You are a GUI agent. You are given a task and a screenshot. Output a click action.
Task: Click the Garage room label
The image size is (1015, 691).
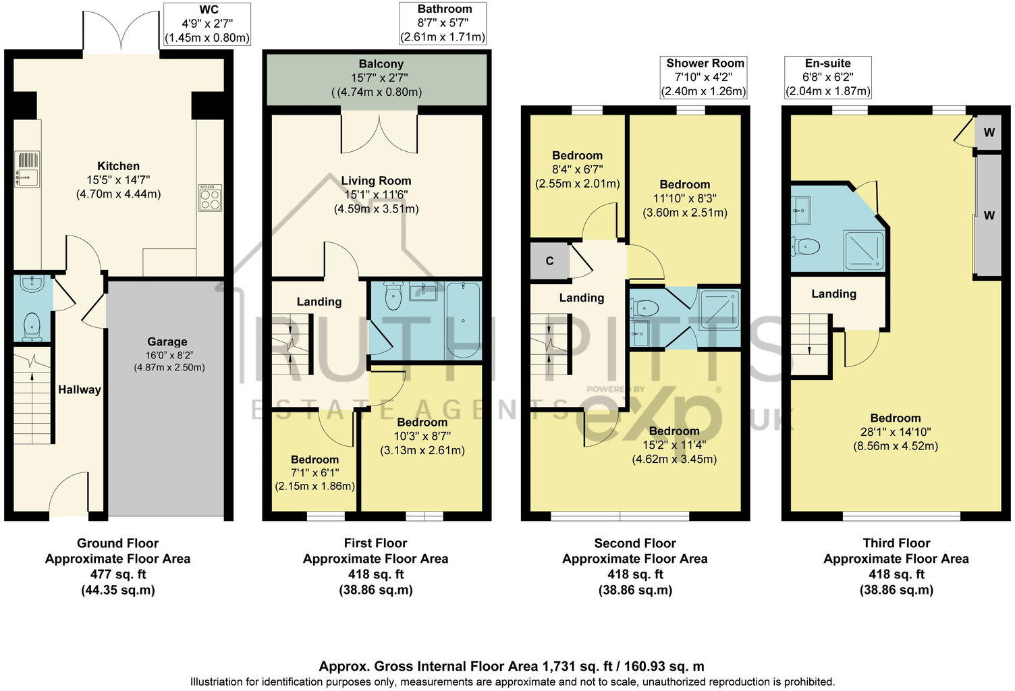[x=167, y=342]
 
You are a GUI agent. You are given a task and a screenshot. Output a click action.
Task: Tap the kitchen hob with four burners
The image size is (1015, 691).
[x=210, y=198]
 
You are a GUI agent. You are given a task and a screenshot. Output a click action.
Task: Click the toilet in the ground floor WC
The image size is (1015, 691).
[x=32, y=328]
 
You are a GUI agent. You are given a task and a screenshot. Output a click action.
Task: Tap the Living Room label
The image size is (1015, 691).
[x=376, y=181]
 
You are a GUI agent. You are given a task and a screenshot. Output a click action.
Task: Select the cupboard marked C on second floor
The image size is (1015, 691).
[x=549, y=261]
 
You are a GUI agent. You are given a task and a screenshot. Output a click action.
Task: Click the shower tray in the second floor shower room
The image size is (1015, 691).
[x=719, y=309]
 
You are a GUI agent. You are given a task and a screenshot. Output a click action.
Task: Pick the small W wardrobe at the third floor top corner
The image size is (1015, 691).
[x=988, y=133]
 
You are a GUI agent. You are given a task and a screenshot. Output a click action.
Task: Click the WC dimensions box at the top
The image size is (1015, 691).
[x=207, y=24]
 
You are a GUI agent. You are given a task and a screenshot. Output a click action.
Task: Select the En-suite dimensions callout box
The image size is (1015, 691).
[x=827, y=77]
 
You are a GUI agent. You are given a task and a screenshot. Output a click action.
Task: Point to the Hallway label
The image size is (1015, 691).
[x=79, y=389]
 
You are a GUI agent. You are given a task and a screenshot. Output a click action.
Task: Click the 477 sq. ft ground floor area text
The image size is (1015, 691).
[x=117, y=574]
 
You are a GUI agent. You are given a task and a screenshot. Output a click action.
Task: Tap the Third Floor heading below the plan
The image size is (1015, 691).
[x=896, y=543]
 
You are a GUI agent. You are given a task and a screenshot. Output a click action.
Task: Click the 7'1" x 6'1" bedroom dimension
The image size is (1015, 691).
[x=314, y=473]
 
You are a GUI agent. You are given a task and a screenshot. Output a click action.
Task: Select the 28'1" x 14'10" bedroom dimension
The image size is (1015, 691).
[x=895, y=432]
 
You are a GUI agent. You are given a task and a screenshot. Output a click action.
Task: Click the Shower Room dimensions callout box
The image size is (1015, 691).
[x=705, y=77]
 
